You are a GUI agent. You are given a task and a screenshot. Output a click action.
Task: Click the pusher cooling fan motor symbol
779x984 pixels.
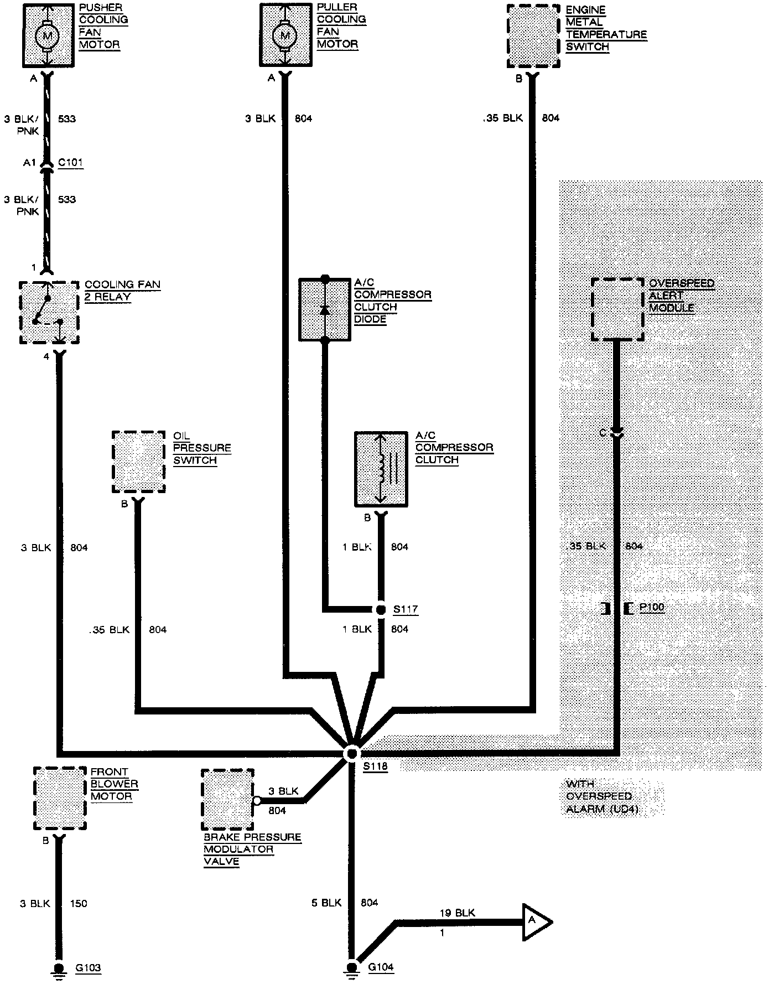[x=47, y=36]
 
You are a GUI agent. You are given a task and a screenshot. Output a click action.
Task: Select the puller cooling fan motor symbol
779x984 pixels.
[x=285, y=36]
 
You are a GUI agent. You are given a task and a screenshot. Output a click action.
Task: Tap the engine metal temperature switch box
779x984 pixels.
[x=533, y=37]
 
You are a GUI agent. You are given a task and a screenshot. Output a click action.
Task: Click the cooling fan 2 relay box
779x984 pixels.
[x=49, y=313]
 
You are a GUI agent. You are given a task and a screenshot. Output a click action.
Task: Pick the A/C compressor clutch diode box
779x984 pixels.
[x=325, y=309]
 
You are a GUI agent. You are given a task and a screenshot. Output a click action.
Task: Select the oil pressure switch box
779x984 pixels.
[x=138, y=462]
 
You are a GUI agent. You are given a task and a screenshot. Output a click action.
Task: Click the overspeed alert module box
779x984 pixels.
[x=617, y=309]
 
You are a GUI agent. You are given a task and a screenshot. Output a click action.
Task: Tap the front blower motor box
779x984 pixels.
[x=60, y=797]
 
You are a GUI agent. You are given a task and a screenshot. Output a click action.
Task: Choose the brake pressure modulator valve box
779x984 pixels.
[x=227, y=800]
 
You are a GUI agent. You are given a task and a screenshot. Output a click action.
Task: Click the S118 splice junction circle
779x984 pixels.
[x=351, y=754]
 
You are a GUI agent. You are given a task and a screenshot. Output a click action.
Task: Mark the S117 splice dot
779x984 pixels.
[x=381, y=609]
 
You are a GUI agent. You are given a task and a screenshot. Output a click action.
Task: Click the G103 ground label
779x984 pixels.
[x=88, y=967]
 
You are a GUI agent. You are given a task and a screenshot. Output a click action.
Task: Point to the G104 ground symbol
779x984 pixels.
[x=351, y=969]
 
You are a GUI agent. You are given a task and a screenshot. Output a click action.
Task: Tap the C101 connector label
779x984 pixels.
[x=70, y=163]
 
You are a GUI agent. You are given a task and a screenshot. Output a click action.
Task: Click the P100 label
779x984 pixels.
[x=651, y=608]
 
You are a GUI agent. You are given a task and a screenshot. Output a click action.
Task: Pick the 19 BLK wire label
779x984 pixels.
[x=457, y=913]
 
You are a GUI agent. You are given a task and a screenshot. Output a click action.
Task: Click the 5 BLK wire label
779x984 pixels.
[x=327, y=903]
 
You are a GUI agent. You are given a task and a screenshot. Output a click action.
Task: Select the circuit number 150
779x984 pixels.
[x=79, y=903]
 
